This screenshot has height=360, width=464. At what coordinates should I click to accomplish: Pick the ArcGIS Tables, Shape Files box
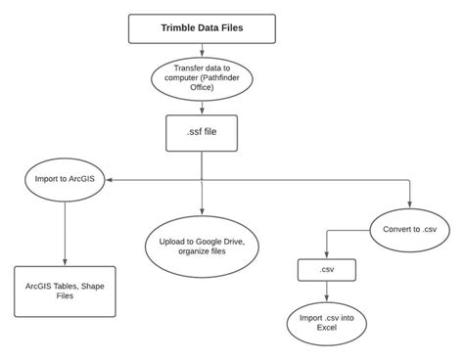pyautogui.click(x=66, y=291)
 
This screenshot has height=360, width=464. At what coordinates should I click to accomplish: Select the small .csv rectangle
pyautogui.click(x=326, y=269)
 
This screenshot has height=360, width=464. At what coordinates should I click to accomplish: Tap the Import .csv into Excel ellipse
pyautogui.click(x=326, y=320)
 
